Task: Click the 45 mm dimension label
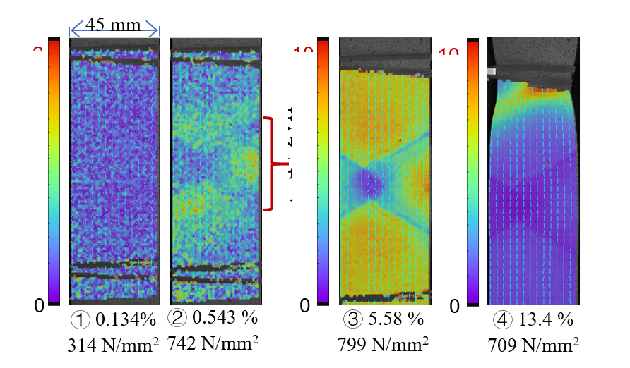click(113, 25)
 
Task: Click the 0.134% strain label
click(125, 319)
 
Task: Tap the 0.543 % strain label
click(225, 318)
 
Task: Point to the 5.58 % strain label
click(395, 319)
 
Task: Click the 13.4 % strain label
click(545, 319)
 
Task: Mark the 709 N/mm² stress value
click(533, 345)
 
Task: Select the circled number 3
click(351, 319)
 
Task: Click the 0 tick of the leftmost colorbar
click(40, 305)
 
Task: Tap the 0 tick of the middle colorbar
click(305, 306)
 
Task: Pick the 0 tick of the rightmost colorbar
click(455, 307)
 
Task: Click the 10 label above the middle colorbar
click(304, 51)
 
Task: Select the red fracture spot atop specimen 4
click(548, 90)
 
